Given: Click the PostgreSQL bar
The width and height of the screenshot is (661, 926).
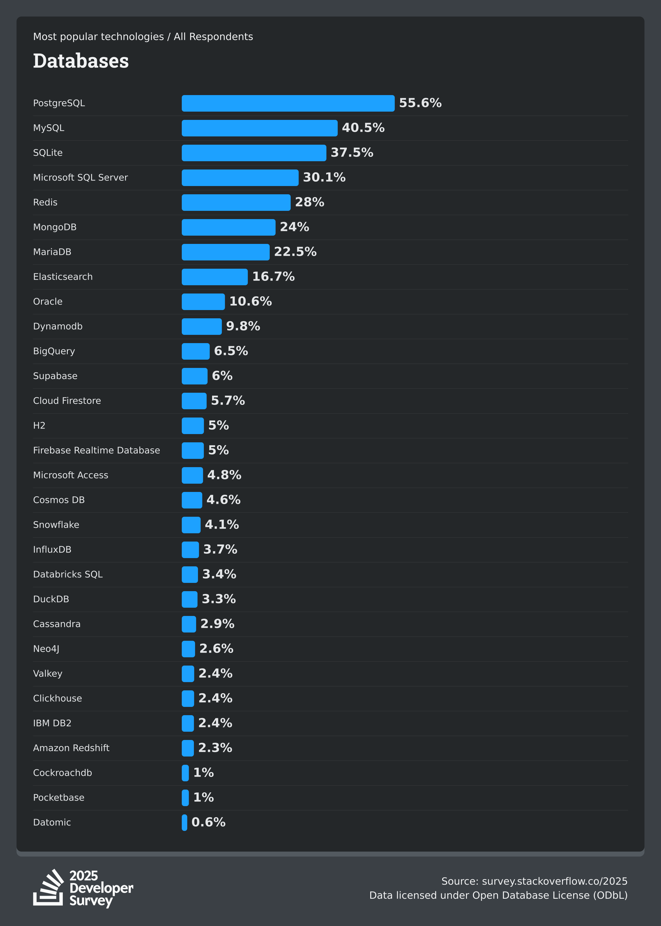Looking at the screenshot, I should tap(288, 103).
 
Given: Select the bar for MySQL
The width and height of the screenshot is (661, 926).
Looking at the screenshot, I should tap(259, 128).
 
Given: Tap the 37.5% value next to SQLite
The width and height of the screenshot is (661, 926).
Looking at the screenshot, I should tap(352, 153).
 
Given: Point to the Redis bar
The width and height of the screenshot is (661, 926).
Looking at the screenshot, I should tap(236, 202).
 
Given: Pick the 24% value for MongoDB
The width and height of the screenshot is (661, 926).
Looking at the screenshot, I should tap(294, 227).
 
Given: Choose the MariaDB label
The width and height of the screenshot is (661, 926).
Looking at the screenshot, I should tap(52, 252).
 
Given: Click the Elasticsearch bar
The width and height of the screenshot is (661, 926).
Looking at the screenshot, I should tap(215, 277).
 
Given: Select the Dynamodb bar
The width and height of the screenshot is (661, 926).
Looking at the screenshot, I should tap(202, 327).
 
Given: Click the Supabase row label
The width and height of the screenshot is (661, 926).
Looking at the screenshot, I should tap(55, 376).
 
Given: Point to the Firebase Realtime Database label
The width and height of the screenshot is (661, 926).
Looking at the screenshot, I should tap(96, 450).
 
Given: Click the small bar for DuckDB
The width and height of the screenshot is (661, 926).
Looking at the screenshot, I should tap(189, 599).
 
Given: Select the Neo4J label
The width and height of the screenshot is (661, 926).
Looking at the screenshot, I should tap(46, 649).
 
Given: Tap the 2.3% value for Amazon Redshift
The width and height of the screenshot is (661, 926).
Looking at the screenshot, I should tap(215, 748).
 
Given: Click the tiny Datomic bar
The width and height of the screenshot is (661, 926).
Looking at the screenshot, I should tap(184, 823).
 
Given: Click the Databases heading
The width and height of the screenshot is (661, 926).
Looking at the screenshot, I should tap(81, 61).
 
